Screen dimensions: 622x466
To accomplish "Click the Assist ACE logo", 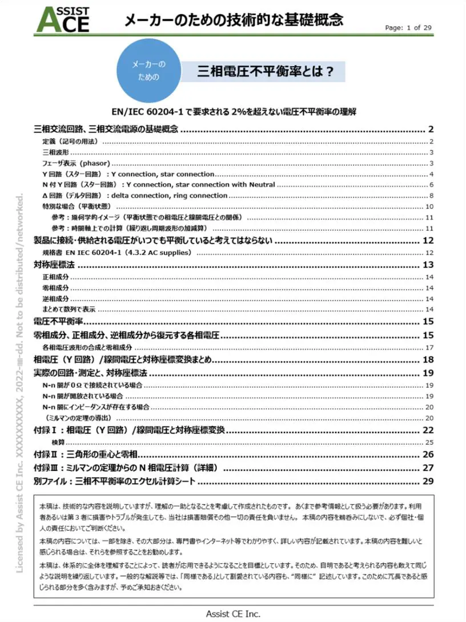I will tap(63, 19).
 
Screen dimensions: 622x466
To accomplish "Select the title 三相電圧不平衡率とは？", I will tap(265, 71).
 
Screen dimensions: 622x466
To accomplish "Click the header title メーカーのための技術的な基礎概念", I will tap(234, 21).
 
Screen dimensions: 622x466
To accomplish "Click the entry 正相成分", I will tap(55, 277).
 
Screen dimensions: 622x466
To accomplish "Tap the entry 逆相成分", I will tap(55, 299).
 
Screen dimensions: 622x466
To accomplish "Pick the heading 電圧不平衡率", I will tap(59, 321).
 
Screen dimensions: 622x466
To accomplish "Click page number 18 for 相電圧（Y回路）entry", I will tap(429, 360).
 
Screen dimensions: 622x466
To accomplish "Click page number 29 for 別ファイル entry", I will tap(429, 482).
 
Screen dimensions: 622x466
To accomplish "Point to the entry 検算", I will tap(58, 442).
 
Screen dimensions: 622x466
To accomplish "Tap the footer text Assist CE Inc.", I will tap(233, 613).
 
